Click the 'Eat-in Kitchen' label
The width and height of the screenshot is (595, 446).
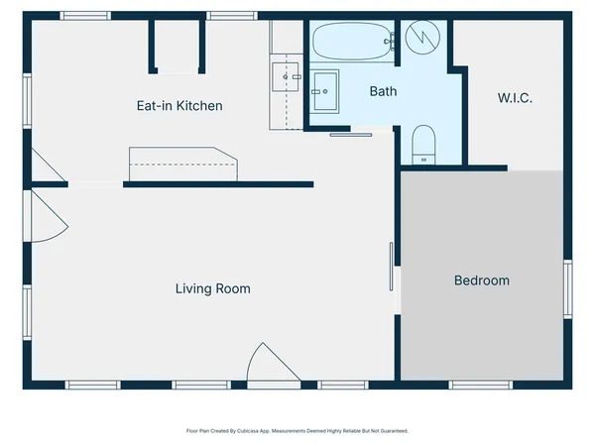point(178,106)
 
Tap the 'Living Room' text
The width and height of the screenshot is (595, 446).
point(212,289)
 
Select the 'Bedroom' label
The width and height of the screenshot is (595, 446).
point(481,280)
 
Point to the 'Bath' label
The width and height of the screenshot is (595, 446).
point(383,91)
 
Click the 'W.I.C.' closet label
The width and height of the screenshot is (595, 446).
point(514,98)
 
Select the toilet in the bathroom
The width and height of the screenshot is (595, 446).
point(423,145)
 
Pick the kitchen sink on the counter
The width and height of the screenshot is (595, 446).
point(286,74)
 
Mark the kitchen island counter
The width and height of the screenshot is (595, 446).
point(182,164)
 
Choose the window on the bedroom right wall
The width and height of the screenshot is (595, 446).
point(568,288)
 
